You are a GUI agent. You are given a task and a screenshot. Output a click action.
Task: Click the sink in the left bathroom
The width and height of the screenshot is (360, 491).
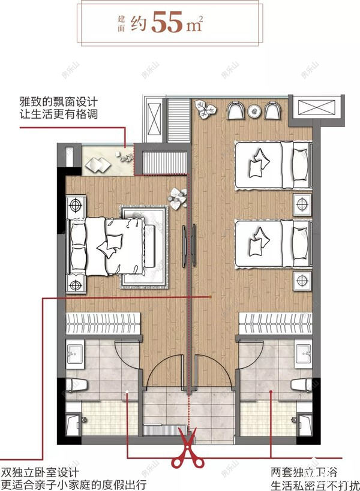[74, 354]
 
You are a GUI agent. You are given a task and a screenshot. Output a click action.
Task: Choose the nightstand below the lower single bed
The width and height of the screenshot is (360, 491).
[302, 279]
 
